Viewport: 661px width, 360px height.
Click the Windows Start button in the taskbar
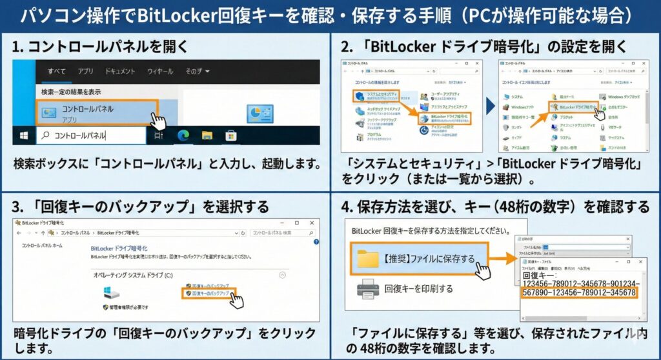coord(24,135)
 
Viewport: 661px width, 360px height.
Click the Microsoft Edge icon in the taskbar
coord(183,135)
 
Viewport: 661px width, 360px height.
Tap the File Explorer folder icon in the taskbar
coord(207,135)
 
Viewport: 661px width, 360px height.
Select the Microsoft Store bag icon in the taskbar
coord(230,135)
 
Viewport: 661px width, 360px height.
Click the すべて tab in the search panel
coord(57,71)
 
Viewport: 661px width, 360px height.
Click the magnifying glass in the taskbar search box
coord(45,135)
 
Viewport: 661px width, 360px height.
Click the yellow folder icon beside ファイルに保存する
coord(369,259)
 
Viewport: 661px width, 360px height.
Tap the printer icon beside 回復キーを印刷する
coord(369,288)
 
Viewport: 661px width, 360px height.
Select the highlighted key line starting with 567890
coord(579,293)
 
